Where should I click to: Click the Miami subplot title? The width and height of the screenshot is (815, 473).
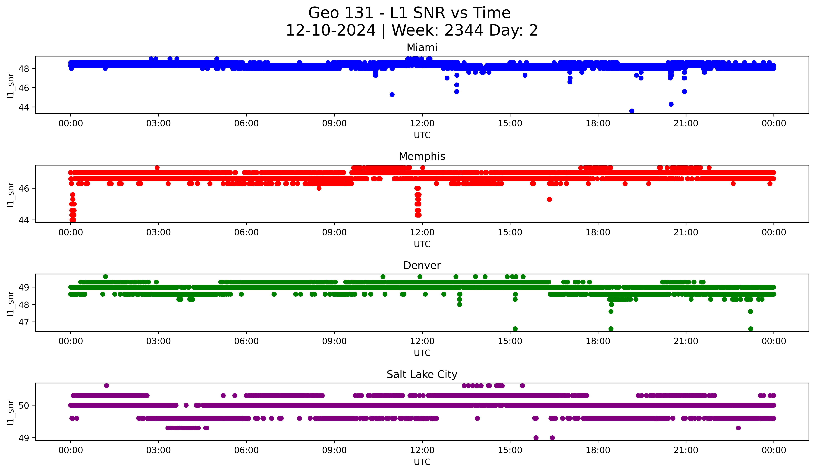point(422,48)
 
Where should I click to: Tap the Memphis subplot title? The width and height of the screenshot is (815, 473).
point(422,156)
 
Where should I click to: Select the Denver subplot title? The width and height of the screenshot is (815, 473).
point(422,265)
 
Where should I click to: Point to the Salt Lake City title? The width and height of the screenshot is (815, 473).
point(422,374)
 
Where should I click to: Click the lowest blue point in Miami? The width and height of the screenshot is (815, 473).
point(632,111)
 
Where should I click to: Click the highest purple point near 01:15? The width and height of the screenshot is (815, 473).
point(106,386)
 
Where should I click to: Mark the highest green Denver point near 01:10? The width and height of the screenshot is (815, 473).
point(105,277)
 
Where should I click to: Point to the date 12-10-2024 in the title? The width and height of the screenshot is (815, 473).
point(330,30)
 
